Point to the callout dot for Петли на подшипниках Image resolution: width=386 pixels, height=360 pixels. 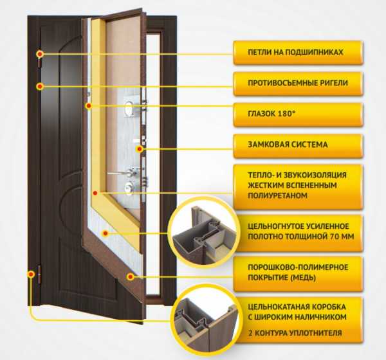40,54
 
